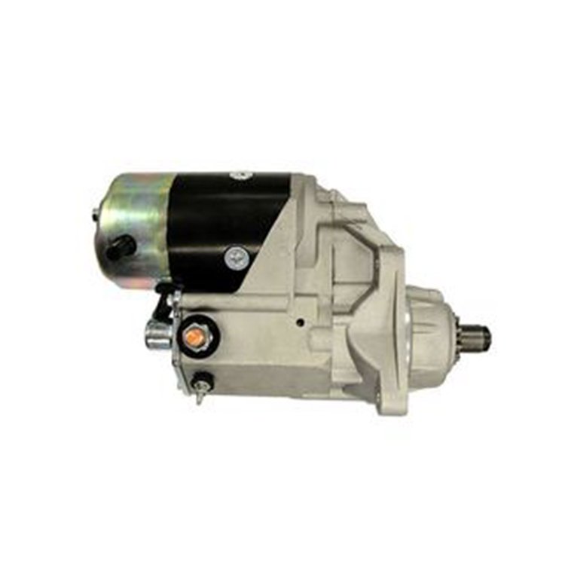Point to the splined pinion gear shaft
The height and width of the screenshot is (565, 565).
pos(476,338)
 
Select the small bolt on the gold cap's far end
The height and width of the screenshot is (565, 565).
pos(96,215)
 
